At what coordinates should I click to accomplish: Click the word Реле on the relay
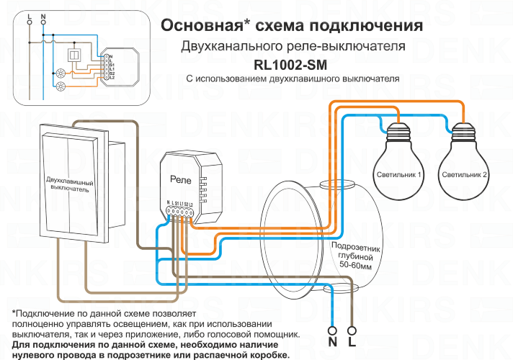[x=180, y=178]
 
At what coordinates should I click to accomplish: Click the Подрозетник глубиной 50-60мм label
[x=353, y=256]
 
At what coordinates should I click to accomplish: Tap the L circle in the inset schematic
[x=30, y=22]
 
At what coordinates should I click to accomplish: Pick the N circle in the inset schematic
[x=44, y=22]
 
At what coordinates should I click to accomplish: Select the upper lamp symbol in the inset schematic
[x=61, y=73]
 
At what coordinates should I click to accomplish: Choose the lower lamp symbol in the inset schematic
[x=61, y=87]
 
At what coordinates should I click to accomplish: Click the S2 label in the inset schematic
[x=112, y=73]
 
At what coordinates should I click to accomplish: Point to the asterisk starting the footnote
[x=14, y=313]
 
